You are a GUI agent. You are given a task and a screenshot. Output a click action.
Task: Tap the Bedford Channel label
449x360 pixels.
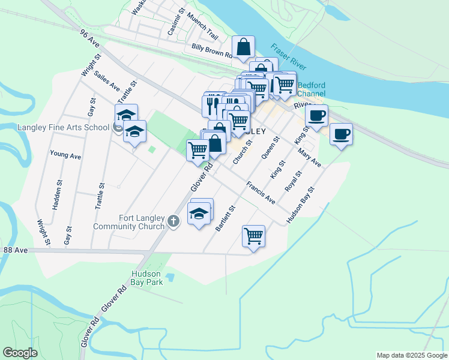pyautogui.click(x=311, y=89)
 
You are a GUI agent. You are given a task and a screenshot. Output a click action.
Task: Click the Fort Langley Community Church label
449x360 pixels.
pyautogui.click(x=129, y=222)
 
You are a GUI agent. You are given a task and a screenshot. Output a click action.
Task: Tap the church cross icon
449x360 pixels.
pyautogui.click(x=173, y=222)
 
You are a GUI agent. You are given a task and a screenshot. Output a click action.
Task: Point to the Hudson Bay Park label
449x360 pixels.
pyautogui.click(x=147, y=278)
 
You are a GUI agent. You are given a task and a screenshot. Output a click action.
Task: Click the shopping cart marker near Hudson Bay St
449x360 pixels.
pyautogui.click(x=254, y=235)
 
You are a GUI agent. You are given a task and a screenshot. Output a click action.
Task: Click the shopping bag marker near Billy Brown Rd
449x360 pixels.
pyautogui.click(x=244, y=47)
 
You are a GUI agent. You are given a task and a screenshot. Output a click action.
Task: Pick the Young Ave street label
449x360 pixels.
pyautogui.click(x=65, y=155)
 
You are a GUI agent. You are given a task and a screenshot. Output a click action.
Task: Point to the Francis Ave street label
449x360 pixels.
pyautogui.click(x=261, y=193)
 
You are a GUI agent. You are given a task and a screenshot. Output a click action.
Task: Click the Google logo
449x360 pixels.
pyautogui.click(x=20, y=353)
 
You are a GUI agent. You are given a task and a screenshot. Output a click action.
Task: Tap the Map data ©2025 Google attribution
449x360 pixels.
pyautogui.click(x=411, y=355)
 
